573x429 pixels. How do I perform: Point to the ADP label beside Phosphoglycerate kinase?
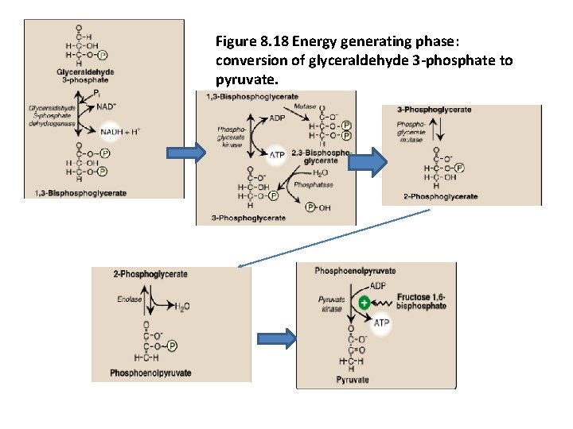pyautogui.click(x=277, y=118)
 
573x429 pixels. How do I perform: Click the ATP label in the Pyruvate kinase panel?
pyautogui.click(x=382, y=323)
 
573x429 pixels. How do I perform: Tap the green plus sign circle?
pyautogui.click(x=363, y=303)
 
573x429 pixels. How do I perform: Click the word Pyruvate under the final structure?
pyautogui.click(x=352, y=380)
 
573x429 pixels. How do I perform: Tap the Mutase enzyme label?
pyautogui.click(x=305, y=106)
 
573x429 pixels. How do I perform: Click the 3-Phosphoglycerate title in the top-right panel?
pyautogui.click(x=434, y=110)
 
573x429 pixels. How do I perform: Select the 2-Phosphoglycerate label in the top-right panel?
pyautogui.click(x=440, y=196)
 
